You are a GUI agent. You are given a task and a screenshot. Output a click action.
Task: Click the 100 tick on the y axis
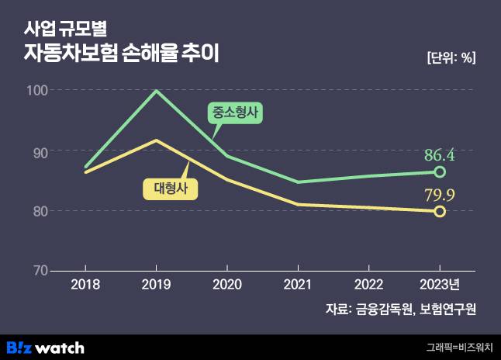tap(38, 91)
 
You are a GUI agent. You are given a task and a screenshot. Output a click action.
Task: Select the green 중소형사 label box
tap(235, 113)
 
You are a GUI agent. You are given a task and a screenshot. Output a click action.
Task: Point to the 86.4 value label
tap(439, 154)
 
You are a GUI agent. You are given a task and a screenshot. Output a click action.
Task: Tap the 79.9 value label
tap(439, 194)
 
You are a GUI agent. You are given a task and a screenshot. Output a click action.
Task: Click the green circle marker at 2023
tap(440, 171)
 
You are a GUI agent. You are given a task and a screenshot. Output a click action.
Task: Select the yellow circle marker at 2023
tap(440, 211)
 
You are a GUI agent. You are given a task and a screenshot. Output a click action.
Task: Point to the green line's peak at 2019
tap(156, 91)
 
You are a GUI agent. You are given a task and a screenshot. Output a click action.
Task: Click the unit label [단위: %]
tap(451, 57)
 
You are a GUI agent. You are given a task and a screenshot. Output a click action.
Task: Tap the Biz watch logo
tap(46, 347)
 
